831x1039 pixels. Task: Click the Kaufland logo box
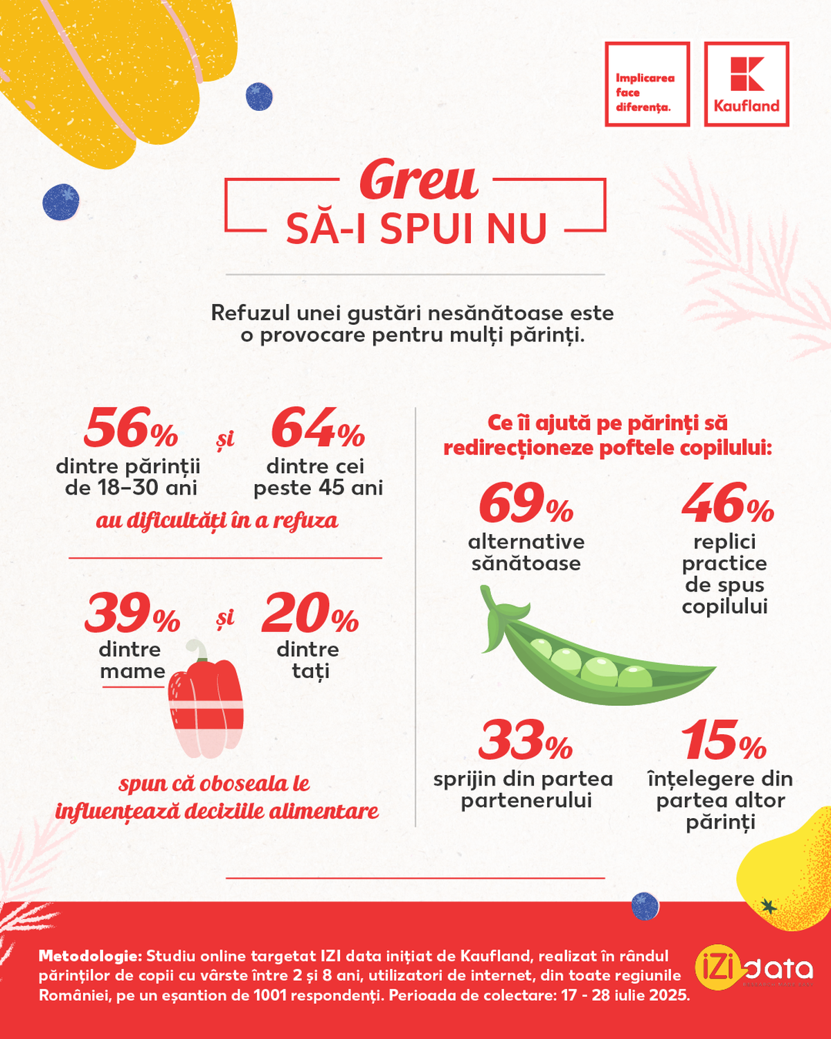[747, 84]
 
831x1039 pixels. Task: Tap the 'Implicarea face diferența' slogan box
[647, 84]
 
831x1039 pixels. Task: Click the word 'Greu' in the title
[418, 180]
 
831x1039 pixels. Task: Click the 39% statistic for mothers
[132, 614]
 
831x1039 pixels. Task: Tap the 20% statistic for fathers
[310, 614]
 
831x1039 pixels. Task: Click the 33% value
[525, 740]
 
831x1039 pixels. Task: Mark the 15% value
[724, 740]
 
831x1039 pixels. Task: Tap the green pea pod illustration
[596, 658]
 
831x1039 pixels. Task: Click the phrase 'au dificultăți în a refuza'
[217, 521]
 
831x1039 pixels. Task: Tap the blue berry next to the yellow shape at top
[259, 97]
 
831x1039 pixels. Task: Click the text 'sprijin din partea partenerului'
[524, 790]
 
